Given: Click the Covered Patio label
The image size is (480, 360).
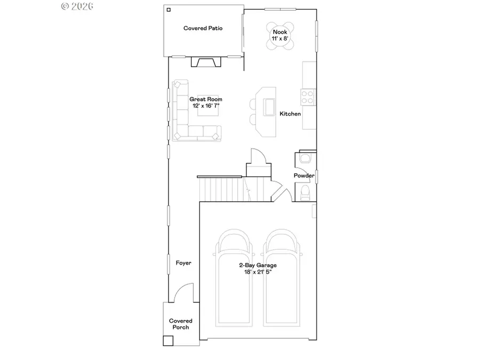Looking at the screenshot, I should tap(203, 28).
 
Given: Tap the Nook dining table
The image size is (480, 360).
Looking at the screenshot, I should tap(281, 36).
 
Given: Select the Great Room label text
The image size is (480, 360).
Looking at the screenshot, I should tap(206, 99).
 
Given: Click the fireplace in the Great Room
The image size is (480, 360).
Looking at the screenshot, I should tap(206, 62).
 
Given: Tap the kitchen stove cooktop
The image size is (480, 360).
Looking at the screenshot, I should tap(308, 97).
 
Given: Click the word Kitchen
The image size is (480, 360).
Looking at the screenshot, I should tap(290, 114).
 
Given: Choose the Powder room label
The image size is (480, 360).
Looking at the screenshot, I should tap(304, 175).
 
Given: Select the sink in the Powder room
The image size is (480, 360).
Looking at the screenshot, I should tap(305, 158).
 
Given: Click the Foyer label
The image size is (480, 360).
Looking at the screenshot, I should tap(183, 263).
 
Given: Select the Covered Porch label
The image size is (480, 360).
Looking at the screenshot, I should tap(180, 324).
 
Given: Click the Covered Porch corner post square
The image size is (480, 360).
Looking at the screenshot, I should tap(168, 340).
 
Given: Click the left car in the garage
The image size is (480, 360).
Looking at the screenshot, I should tap(234, 277).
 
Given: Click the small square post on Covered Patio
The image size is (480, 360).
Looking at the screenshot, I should tap(169, 10).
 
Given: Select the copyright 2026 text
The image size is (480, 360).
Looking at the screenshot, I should tap(77, 6).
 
